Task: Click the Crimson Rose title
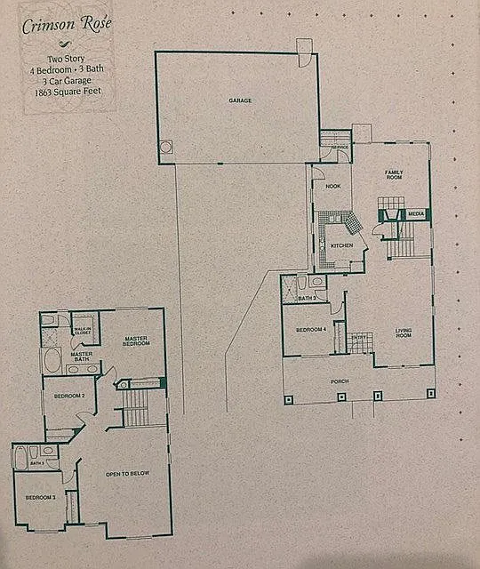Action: (x=66, y=24)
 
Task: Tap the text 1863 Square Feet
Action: (x=67, y=92)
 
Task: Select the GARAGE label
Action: (x=240, y=100)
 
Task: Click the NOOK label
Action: (x=332, y=186)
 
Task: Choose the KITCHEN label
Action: (x=342, y=244)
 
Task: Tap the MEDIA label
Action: (x=416, y=214)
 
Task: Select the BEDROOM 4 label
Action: (x=311, y=330)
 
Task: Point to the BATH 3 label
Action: (x=307, y=298)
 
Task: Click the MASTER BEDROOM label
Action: (x=136, y=341)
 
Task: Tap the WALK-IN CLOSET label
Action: (x=83, y=331)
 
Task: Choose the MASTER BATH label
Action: (x=82, y=357)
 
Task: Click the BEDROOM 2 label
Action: (x=69, y=395)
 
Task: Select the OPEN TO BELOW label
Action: (x=127, y=473)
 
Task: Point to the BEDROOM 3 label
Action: (x=40, y=497)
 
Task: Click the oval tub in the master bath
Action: (x=52, y=361)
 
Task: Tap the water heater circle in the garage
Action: (x=165, y=148)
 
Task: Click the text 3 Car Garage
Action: (x=67, y=80)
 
